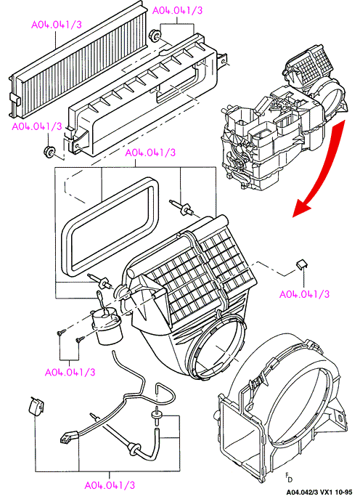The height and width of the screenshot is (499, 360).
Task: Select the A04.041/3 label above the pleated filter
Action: (x=57, y=25)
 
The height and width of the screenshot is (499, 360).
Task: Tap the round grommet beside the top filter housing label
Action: (x=155, y=35)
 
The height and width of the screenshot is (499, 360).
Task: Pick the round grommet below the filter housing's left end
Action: (x=49, y=151)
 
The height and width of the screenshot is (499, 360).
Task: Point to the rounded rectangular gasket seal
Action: (x=110, y=227)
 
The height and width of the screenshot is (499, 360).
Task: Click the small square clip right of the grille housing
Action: (x=302, y=264)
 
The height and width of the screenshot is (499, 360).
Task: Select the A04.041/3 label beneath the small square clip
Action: (x=304, y=294)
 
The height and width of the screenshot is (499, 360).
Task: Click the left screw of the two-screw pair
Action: (x=60, y=333)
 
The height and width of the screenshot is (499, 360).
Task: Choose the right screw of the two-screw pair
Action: (x=80, y=340)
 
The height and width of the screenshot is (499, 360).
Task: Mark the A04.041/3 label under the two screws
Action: (x=70, y=372)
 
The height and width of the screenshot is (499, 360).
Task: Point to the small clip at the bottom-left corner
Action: (x=36, y=405)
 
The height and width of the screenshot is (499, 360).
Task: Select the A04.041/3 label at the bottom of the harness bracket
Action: (x=110, y=485)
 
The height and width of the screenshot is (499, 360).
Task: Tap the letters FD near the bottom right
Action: (x=288, y=476)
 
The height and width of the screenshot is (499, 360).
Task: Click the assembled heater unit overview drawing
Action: (x=283, y=121)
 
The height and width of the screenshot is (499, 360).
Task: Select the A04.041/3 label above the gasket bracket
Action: (x=150, y=153)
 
